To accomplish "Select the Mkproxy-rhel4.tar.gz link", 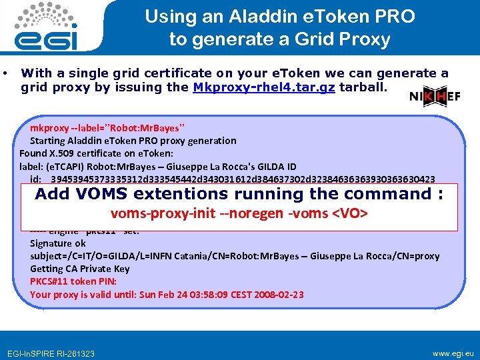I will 264,87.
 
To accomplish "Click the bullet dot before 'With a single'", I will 5,73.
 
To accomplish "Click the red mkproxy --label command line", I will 107,127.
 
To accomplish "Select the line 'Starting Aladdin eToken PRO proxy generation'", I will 133,141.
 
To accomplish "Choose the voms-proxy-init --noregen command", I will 240,214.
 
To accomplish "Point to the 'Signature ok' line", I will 58,243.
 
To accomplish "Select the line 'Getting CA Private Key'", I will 80,269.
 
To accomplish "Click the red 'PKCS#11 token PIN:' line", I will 74,281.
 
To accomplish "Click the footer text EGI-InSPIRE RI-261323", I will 51,353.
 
